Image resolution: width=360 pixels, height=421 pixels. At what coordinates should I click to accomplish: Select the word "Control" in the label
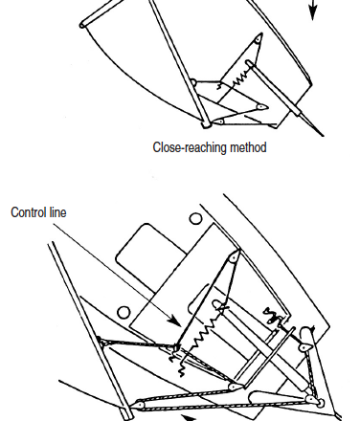pos(29,212)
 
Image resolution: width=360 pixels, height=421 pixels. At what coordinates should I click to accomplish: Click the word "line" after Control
pos(58,212)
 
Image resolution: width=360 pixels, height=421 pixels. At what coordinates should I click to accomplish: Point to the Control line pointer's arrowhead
pos(174,321)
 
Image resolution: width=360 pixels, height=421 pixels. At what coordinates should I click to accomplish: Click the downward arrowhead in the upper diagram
pos(313,12)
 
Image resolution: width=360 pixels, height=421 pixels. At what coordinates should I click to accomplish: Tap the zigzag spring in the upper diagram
pos(240,79)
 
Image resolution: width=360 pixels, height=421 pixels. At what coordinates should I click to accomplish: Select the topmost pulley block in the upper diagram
pos(259,38)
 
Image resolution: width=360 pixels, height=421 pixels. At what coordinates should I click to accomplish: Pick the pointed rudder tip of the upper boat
pos(323,135)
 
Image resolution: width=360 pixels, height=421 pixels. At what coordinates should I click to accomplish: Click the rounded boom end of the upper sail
pos(82,25)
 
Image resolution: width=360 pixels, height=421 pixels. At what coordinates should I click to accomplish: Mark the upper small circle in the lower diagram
pos(195,219)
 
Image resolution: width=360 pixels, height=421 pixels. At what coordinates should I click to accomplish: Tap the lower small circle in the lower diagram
pos(124,312)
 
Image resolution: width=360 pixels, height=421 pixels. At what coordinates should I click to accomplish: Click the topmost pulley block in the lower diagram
pos(235,256)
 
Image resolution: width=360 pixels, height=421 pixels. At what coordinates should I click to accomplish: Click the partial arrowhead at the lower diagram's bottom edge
pos(189,417)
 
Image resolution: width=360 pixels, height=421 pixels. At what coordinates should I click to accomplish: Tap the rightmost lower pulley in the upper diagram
pos(261,107)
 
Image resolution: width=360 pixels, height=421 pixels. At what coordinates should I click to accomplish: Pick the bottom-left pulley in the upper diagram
pos(219,122)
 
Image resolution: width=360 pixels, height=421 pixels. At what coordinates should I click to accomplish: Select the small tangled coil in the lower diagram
pos(271,315)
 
